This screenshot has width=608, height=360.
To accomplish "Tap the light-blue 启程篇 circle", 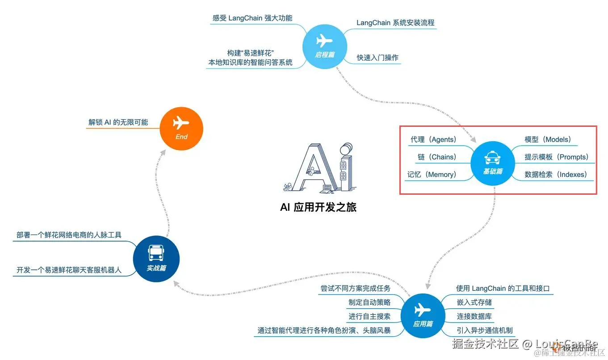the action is [x=324, y=46].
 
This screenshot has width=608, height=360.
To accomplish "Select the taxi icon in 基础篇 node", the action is [x=493, y=158].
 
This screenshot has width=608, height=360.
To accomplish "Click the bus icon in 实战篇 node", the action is [x=156, y=254].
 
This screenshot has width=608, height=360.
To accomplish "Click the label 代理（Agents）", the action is [x=433, y=140].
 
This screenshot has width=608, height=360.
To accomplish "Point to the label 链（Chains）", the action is [x=437, y=157].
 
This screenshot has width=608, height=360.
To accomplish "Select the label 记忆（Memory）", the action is [x=432, y=175].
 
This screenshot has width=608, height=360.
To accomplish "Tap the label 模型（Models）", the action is [x=548, y=140].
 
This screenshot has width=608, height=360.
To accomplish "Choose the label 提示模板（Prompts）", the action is [x=556, y=157].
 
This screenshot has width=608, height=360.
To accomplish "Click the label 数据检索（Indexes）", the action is [x=556, y=175].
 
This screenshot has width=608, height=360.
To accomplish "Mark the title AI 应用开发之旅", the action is [x=318, y=207].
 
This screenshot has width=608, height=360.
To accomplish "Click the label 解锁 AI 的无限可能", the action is [x=118, y=122].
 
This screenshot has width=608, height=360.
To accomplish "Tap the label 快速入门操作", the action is [x=377, y=58].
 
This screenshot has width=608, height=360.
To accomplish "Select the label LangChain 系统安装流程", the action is [x=395, y=23].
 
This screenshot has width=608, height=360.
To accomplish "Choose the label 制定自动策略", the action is [x=369, y=302].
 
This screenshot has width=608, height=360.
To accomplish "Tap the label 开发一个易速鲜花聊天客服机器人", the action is [x=69, y=270].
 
